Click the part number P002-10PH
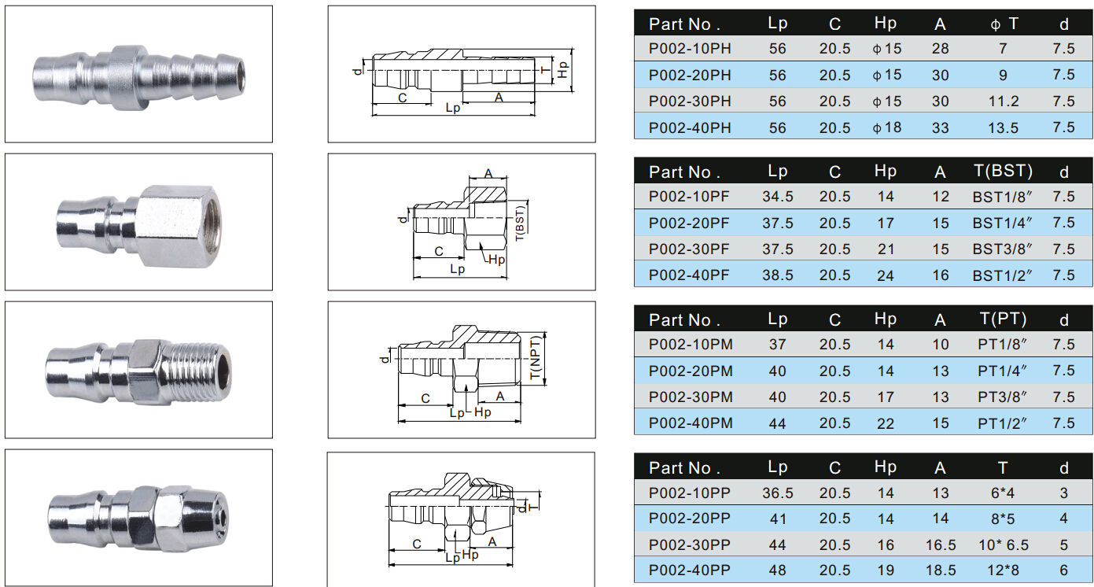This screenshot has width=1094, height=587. tap(690, 48)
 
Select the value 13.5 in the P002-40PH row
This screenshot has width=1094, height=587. tap(1003, 127)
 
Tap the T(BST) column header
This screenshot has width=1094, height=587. tap(1003, 171)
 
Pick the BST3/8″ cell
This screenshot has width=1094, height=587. tap(1002, 249)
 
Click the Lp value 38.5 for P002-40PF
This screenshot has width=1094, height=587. tap(778, 275)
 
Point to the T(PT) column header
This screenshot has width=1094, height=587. tap(1003, 319)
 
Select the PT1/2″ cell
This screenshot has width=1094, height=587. tap(1002, 423)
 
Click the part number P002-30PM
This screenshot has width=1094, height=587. tap(691, 397)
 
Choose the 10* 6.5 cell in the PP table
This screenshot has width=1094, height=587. tap(1004, 545)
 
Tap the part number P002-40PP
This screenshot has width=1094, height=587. tap(690, 570)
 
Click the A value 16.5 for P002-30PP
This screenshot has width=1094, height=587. tap(941, 545)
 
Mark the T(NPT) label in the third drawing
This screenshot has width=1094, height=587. tap(536, 357)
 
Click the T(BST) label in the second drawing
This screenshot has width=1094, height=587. tap(520, 223)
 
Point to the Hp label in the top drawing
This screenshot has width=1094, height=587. tap(563, 70)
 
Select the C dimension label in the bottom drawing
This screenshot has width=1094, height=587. tap(417, 544)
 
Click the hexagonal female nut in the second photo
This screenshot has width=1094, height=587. tap(179, 226)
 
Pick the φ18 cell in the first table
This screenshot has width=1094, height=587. tap(887, 127)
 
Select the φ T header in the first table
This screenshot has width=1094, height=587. tap(1004, 23)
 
